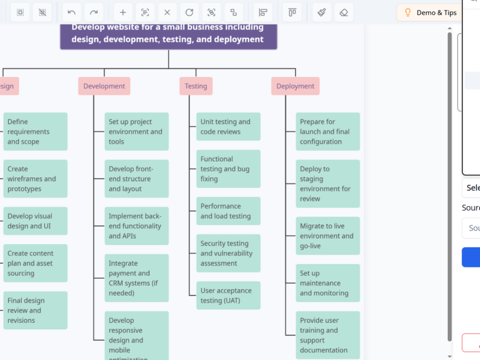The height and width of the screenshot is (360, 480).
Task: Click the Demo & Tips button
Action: [x=429, y=13]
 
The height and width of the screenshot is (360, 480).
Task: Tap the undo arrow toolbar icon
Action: [x=71, y=13]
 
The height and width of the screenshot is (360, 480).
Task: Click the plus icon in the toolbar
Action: [x=123, y=13]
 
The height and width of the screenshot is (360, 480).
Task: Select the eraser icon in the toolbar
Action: [x=344, y=13]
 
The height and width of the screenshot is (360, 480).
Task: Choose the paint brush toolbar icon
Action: [x=321, y=13]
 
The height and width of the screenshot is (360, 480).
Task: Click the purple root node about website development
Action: [x=168, y=34]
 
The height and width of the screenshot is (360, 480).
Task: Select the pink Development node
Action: [x=104, y=86]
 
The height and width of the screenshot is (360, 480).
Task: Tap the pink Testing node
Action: [x=196, y=86]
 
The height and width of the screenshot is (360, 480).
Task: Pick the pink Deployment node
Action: [x=295, y=86]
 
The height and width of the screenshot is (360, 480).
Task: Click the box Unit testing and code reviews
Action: [x=228, y=127]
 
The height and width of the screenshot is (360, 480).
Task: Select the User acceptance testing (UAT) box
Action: [x=228, y=296]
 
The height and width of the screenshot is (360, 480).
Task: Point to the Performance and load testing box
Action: [x=228, y=211]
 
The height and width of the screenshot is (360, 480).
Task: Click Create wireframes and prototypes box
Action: [x=35, y=179]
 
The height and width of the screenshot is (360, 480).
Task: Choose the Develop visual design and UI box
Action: [x=35, y=221]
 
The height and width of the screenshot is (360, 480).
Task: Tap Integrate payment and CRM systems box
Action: [x=136, y=278]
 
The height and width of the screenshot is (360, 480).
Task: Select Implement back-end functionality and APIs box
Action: [x=136, y=226]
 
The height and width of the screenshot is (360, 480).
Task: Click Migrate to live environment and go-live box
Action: [x=328, y=236]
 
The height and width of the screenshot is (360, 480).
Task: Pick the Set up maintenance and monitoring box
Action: [x=328, y=283]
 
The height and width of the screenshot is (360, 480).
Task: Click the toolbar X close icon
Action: [x=167, y=13]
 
